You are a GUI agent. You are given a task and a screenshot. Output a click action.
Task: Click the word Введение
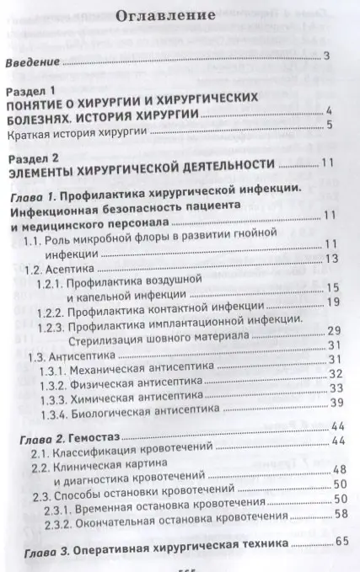click(x=34, y=62)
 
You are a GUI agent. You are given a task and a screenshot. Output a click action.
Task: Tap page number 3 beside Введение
click(x=326, y=57)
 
